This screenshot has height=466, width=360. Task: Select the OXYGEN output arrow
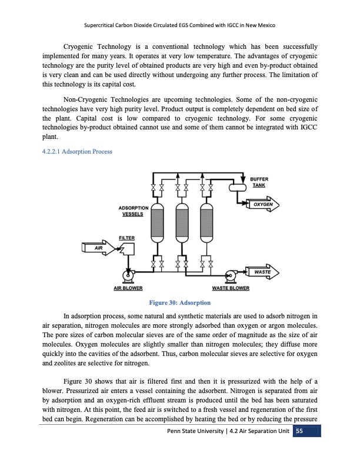tap(262, 204)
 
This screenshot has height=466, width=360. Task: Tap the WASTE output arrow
tap(262, 272)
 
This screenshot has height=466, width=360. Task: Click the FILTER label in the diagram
tap(126, 238)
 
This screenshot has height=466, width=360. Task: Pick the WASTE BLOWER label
tap(231, 288)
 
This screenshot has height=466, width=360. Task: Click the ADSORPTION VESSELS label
tap(134, 211)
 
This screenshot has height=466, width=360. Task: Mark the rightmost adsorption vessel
tap(206, 227)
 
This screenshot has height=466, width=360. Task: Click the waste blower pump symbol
tap(231, 275)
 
